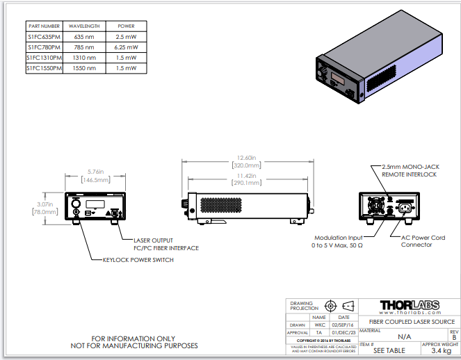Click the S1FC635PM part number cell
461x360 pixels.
pyautogui.click(x=44, y=36)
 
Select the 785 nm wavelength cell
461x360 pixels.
pyautogui.click(x=84, y=47)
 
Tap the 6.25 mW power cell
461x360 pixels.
pyautogui.click(x=126, y=47)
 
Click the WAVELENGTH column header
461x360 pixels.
pyautogui.click(x=84, y=26)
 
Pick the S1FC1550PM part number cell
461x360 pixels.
pyautogui.click(x=44, y=69)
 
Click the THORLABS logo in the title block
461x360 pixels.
pyautogui.click(x=417, y=306)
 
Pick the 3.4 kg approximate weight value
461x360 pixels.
pyautogui.click(x=441, y=351)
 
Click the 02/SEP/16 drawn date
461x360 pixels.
pyautogui.click(x=343, y=325)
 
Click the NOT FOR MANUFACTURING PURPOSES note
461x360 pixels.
pyautogui.click(x=135, y=345)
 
